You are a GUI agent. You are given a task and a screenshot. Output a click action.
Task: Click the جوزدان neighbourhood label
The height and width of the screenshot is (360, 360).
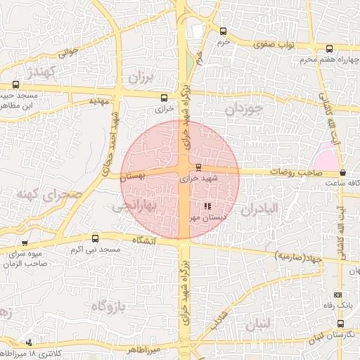244,110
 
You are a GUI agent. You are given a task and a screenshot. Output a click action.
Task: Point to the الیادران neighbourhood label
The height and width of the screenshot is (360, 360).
260,209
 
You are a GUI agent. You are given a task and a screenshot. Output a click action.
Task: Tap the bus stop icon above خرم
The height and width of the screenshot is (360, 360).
224,31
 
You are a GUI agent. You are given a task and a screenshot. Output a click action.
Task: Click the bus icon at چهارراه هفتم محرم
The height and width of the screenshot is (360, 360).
330,49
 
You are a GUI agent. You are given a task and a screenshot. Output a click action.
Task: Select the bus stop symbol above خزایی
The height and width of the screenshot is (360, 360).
165,98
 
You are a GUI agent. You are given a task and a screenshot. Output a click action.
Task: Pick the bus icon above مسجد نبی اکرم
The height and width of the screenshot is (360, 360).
96,238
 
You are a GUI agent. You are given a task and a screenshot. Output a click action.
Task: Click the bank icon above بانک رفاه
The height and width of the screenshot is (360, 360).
338,295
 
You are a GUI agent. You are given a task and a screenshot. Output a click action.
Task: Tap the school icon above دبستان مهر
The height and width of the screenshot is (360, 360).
207,206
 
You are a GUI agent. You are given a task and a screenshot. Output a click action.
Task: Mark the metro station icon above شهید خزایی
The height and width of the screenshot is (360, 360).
198,167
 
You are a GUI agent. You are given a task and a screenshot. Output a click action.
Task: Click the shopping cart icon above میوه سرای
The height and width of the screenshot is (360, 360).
25,243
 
